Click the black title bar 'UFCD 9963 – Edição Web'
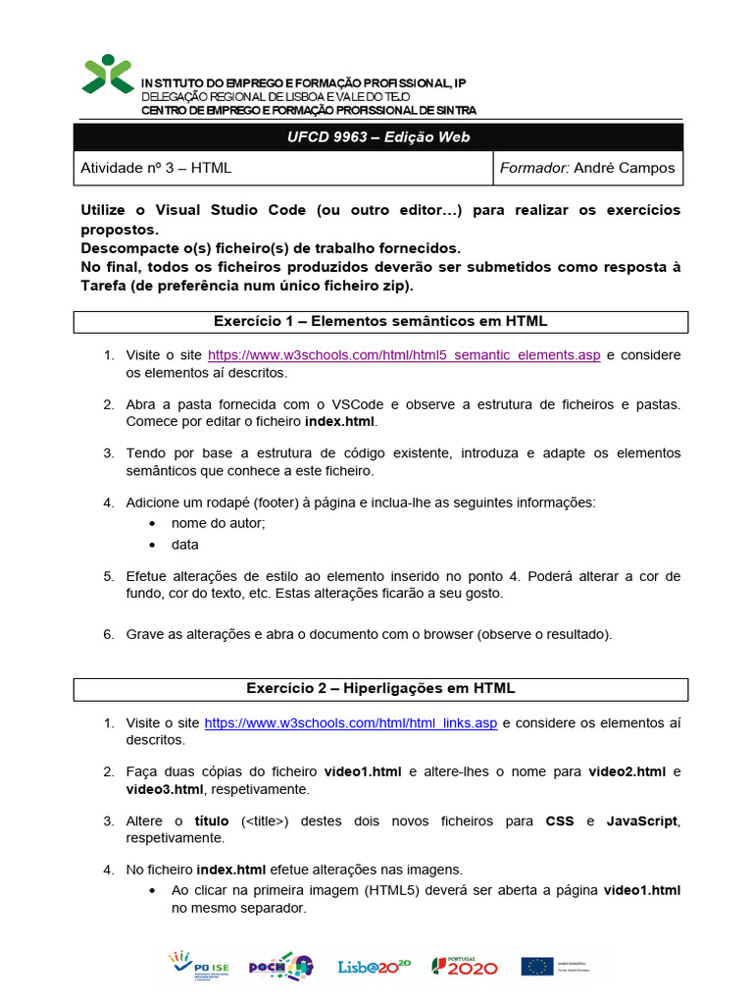[378, 137]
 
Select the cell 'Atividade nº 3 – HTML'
[155, 168]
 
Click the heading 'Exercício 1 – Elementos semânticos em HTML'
[380, 321]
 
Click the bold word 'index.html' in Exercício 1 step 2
[339, 421]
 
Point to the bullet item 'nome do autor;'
[218, 523]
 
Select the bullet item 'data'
[184, 545]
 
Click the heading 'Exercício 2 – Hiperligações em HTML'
[380, 688]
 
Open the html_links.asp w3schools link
[351, 723]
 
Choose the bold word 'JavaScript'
[642, 820]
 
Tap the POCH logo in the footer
[280, 966]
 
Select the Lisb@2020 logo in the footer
[374, 966]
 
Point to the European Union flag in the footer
[537, 966]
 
